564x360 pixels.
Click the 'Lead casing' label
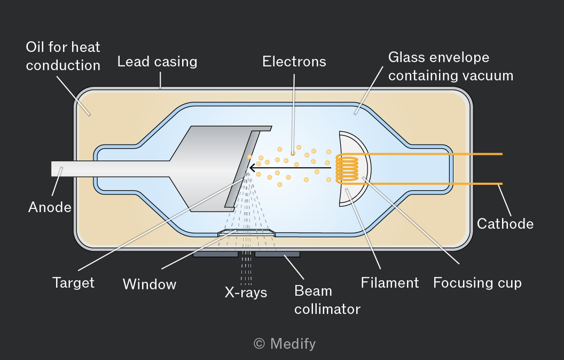(x=157, y=62)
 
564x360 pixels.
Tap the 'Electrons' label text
(x=294, y=61)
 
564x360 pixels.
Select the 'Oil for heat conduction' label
(x=63, y=56)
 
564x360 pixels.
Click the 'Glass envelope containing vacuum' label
(x=451, y=67)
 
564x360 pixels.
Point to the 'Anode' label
(x=50, y=207)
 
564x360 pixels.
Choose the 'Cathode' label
(x=505, y=224)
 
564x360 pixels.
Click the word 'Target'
(x=73, y=283)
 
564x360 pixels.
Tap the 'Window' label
(x=149, y=284)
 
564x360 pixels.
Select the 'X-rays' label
(x=246, y=292)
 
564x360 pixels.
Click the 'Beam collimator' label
(x=327, y=300)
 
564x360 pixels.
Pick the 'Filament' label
(x=390, y=283)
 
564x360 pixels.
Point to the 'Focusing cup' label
(x=477, y=283)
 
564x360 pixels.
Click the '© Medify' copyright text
(x=285, y=344)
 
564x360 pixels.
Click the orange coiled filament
(x=347, y=168)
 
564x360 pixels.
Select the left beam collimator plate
(x=215, y=254)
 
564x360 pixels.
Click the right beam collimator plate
(x=277, y=254)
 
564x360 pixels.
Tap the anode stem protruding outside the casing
(x=62, y=169)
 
